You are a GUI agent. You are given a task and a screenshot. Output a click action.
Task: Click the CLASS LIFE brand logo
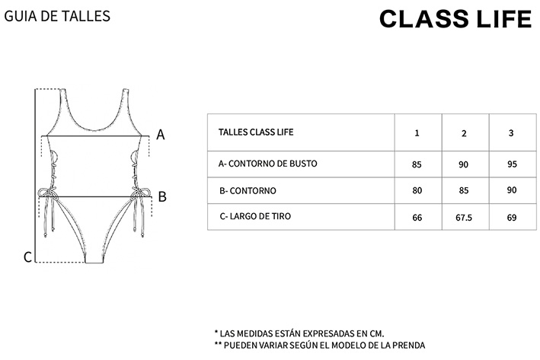point(455,19)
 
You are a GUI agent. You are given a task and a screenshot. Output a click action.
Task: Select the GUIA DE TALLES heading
point(57,15)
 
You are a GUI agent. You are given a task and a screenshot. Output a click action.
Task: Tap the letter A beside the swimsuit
point(161,135)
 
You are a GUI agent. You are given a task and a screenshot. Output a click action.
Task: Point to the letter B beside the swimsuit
point(161,197)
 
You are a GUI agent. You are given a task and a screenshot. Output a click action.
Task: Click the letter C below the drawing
point(27,257)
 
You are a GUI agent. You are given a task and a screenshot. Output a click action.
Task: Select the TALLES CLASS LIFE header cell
point(256,132)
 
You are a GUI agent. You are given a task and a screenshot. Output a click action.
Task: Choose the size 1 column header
point(417,133)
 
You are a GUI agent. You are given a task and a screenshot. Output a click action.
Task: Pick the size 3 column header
point(510,133)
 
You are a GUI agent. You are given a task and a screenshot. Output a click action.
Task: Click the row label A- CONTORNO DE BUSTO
point(267,164)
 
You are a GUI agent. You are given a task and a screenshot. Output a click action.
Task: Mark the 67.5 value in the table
point(464,218)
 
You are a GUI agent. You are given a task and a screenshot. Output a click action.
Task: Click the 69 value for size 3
point(510,218)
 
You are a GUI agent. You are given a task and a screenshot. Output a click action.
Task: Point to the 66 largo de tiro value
point(417,218)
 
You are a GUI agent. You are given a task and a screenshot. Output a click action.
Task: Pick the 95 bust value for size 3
point(510,164)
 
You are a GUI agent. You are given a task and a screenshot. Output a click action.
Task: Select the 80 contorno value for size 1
point(417,191)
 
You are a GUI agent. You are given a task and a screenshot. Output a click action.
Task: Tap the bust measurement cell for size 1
point(417,164)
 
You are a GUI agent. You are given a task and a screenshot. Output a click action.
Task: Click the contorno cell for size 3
point(510,191)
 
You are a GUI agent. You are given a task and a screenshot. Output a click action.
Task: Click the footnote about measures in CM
point(300,333)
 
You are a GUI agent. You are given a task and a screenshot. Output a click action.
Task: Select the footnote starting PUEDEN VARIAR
point(320,345)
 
